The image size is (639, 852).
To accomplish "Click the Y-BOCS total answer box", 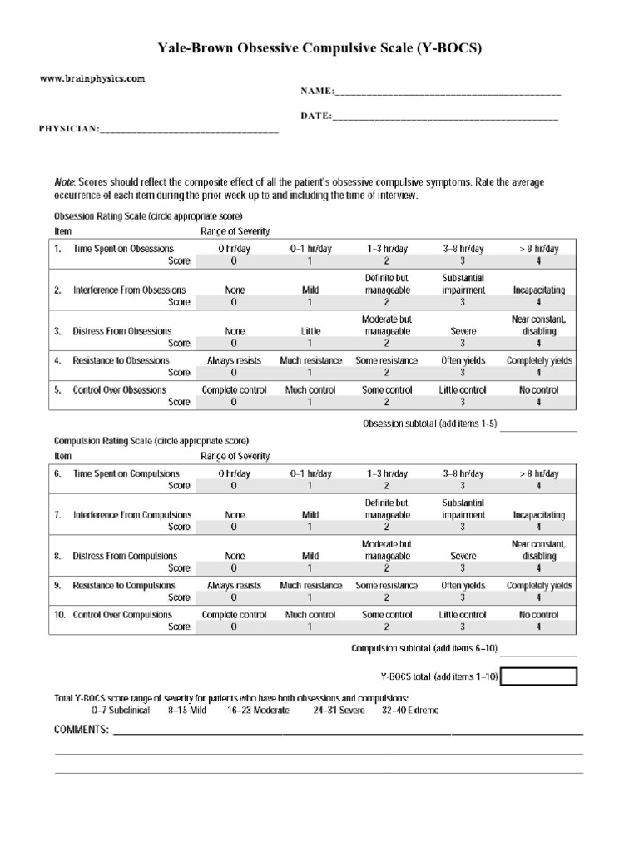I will pyautogui.click(x=538, y=676).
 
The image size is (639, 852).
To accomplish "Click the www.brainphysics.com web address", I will pyautogui.click(x=92, y=79).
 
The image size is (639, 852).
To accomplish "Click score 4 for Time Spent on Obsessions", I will pyautogui.click(x=538, y=261).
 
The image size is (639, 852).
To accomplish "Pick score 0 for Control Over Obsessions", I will pyautogui.click(x=234, y=402).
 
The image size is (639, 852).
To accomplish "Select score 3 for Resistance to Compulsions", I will pyautogui.click(x=463, y=597).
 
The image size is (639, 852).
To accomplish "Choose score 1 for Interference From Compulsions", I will pyautogui.click(x=310, y=527).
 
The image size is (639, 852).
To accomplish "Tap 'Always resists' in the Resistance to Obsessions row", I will pyautogui.click(x=234, y=360).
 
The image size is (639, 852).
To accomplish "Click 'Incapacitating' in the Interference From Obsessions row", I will pyautogui.click(x=538, y=290).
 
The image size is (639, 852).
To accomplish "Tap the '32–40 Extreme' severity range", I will pyautogui.click(x=409, y=711).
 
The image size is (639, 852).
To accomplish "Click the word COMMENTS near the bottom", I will pyautogui.click(x=81, y=730).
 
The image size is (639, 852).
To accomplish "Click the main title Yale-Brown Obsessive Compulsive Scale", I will pyautogui.click(x=319, y=49).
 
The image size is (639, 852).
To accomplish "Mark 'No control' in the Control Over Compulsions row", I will pyautogui.click(x=538, y=615).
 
